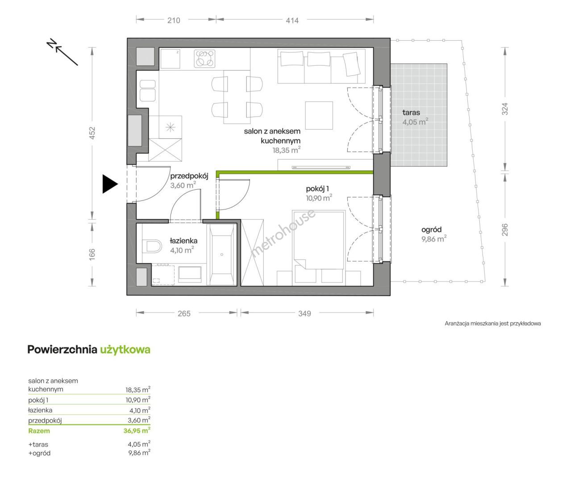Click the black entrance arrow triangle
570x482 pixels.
(x=109, y=184)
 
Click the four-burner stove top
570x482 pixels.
(x=204, y=58)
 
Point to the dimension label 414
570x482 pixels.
(x=292, y=21)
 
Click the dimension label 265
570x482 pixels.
(x=184, y=313)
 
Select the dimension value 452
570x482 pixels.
(x=92, y=133)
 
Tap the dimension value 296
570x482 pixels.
(x=504, y=229)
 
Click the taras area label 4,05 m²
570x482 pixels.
(x=415, y=121)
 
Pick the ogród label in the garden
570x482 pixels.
(x=431, y=230)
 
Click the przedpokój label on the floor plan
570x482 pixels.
(x=189, y=176)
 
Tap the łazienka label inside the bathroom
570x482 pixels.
(x=183, y=241)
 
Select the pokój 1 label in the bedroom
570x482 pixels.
(x=317, y=189)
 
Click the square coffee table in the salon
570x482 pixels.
(x=319, y=115)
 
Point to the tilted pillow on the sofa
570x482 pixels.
(x=352, y=64)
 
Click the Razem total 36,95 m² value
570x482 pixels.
(x=137, y=430)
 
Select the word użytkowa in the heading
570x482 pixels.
(x=125, y=349)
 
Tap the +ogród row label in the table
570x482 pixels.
(x=39, y=453)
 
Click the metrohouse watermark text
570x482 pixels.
(x=283, y=234)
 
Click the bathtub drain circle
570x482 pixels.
(x=222, y=255)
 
